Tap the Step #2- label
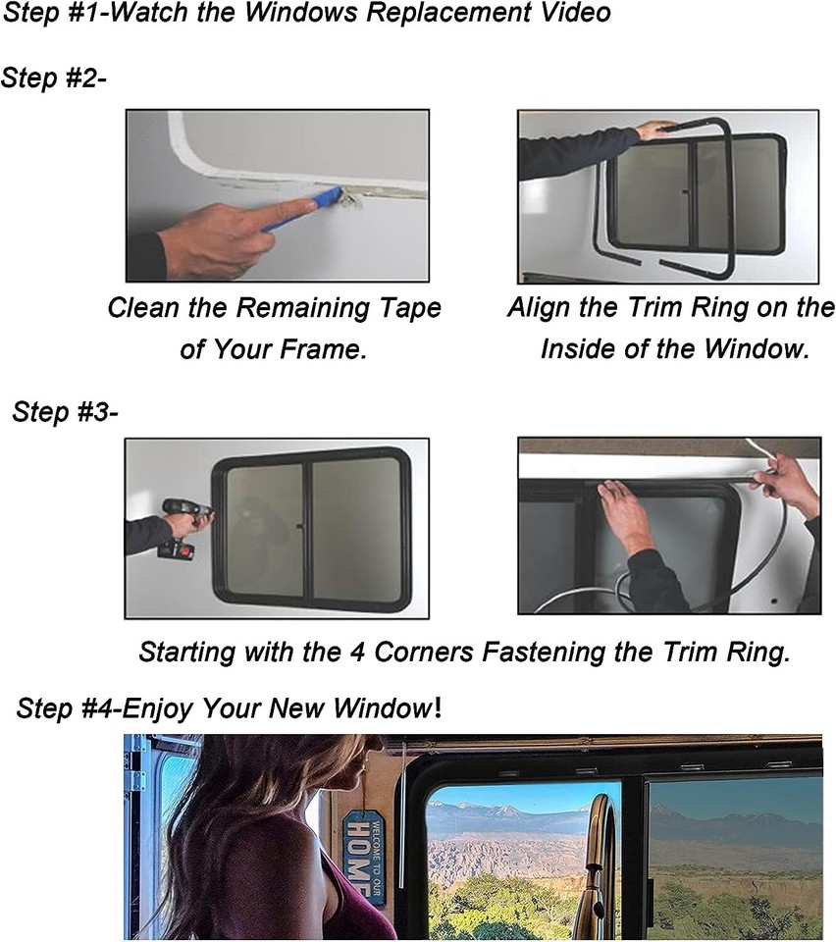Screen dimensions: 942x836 pyautogui.click(x=54, y=78)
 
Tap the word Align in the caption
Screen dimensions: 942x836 pyautogui.click(x=541, y=308)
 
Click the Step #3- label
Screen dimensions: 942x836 pyautogui.click(x=65, y=411)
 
